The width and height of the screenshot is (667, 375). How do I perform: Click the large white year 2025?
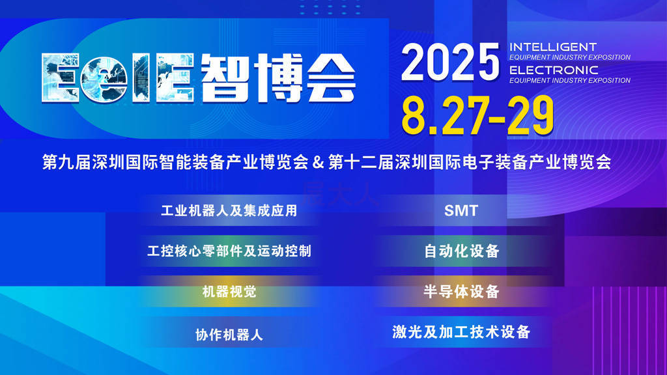[x=450, y=62]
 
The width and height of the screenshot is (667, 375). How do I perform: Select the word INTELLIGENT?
[x=553, y=47]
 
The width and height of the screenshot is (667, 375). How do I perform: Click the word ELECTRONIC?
[x=554, y=70]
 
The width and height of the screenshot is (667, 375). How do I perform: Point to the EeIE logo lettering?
[x=118, y=78]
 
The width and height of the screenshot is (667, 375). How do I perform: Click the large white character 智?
[x=225, y=78]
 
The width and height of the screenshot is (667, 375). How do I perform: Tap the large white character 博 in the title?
[x=278, y=78]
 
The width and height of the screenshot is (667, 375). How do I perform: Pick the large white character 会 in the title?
[x=331, y=78]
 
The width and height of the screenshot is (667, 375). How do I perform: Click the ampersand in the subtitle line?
[x=318, y=162]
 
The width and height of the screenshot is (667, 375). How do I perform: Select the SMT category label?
[x=461, y=210]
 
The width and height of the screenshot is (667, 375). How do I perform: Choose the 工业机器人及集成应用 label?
[x=229, y=210]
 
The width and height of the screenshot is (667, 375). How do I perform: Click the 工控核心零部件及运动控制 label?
[x=229, y=251]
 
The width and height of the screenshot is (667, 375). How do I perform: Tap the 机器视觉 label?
[x=229, y=292]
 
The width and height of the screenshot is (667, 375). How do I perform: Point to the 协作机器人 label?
[x=229, y=335]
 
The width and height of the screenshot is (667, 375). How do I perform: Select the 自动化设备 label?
[x=462, y=251]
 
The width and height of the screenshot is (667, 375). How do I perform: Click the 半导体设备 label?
[x=462, y=292]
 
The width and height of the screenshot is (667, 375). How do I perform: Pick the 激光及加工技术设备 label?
[x=462, y=332]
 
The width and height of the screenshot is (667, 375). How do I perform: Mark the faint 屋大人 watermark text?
[x=340, y=194]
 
